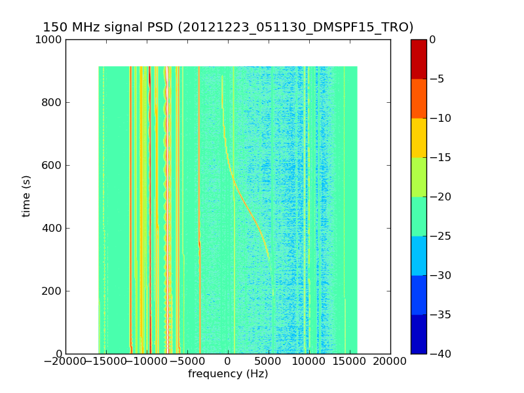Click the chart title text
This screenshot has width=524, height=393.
[x=228, y=28]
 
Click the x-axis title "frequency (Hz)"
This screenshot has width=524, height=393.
[x=228, y=374]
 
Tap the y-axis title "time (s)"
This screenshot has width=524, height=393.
[x=27, y=196]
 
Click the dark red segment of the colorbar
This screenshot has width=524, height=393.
[x=419, y=59]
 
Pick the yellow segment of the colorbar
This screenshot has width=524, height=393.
[x=419, y=138]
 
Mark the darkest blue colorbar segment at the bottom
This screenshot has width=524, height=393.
[x=419, y=334]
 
